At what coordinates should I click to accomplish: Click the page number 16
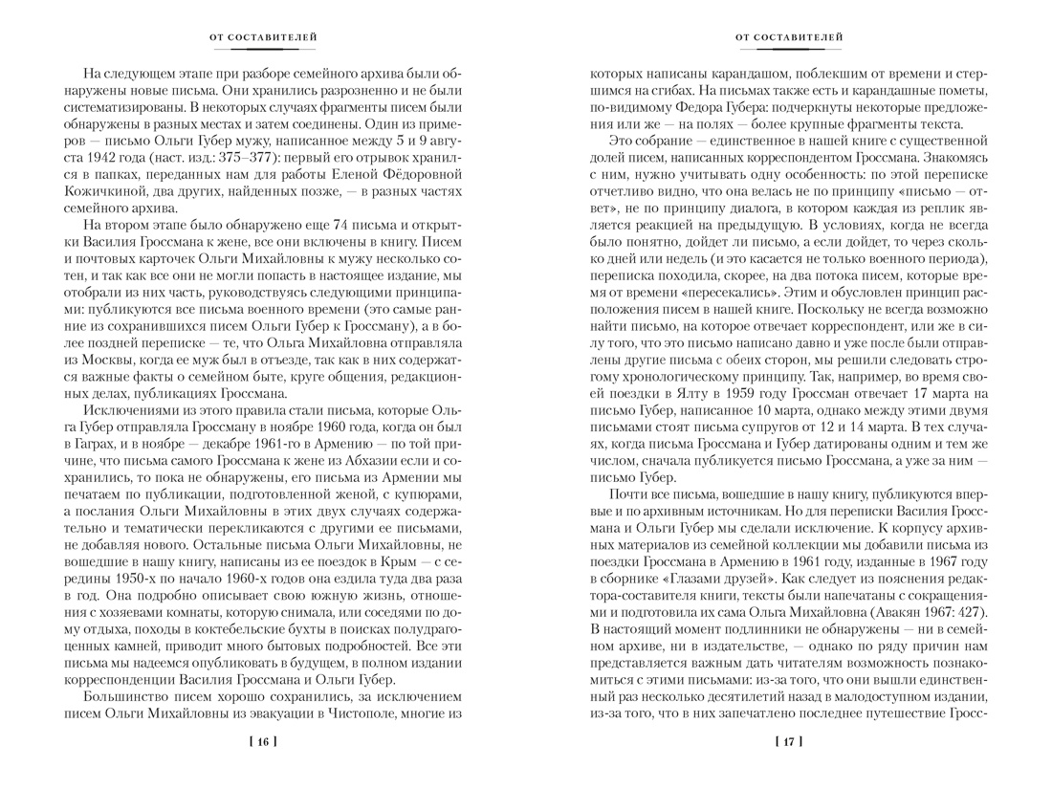point(263,741)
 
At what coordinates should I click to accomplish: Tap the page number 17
point(789,741)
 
